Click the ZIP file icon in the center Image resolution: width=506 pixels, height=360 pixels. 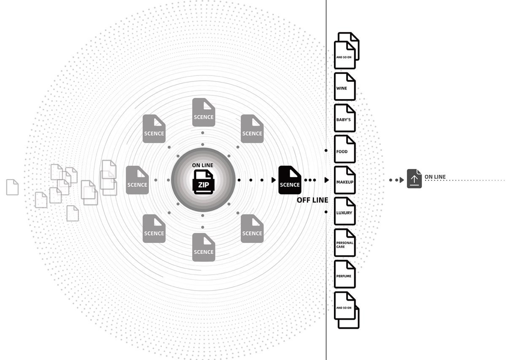pyautogui.click(x=203, y=182)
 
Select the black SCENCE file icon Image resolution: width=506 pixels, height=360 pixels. pyautogui.click(x=290, y=180)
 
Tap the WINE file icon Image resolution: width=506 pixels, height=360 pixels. pyautogui.click(x=345, y=86)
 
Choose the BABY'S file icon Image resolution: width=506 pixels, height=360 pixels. pyautogui.click(x=345, y=118)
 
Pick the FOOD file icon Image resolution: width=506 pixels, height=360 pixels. pyautogui.click(x=345, y=149)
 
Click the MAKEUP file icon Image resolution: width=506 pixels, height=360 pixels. pyautogui.click(x=345, y=180)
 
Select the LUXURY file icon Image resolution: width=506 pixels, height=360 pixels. pyautogui.click(x=345, y=211)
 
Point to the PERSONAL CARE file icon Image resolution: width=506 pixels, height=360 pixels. pyautogui.click(x=345, y=243)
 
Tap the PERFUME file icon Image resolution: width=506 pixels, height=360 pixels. pyautogui.click(x=345, y=274)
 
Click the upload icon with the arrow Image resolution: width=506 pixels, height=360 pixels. pyautogui.click(x=414, y=179)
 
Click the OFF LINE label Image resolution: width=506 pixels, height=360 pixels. pyautogui.click(x=312, y=200)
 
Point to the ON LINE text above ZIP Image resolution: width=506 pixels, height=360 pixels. pyautogui.click(x=203, y=165)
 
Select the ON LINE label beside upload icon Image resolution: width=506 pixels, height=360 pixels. pyautogui.click(x=435, y=177)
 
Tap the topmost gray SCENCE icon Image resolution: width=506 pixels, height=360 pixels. pyautogui.click(x=204, y=112)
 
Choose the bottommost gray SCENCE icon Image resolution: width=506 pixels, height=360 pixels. pyautogui.click(x=204, y=247)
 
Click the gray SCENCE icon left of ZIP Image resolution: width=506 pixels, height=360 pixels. pyautogui.click(x=137, y=180)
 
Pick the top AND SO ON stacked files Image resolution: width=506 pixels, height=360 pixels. pyautogui.click(x=347, y=51)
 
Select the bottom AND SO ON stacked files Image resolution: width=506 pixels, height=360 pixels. pyautogui.click(x=347, y=310)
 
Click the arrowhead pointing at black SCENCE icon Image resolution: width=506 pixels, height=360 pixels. pyautogui.click(x=274, y=180)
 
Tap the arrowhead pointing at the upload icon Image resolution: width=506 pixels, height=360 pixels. pyautogui.click(x=402, y=180)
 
